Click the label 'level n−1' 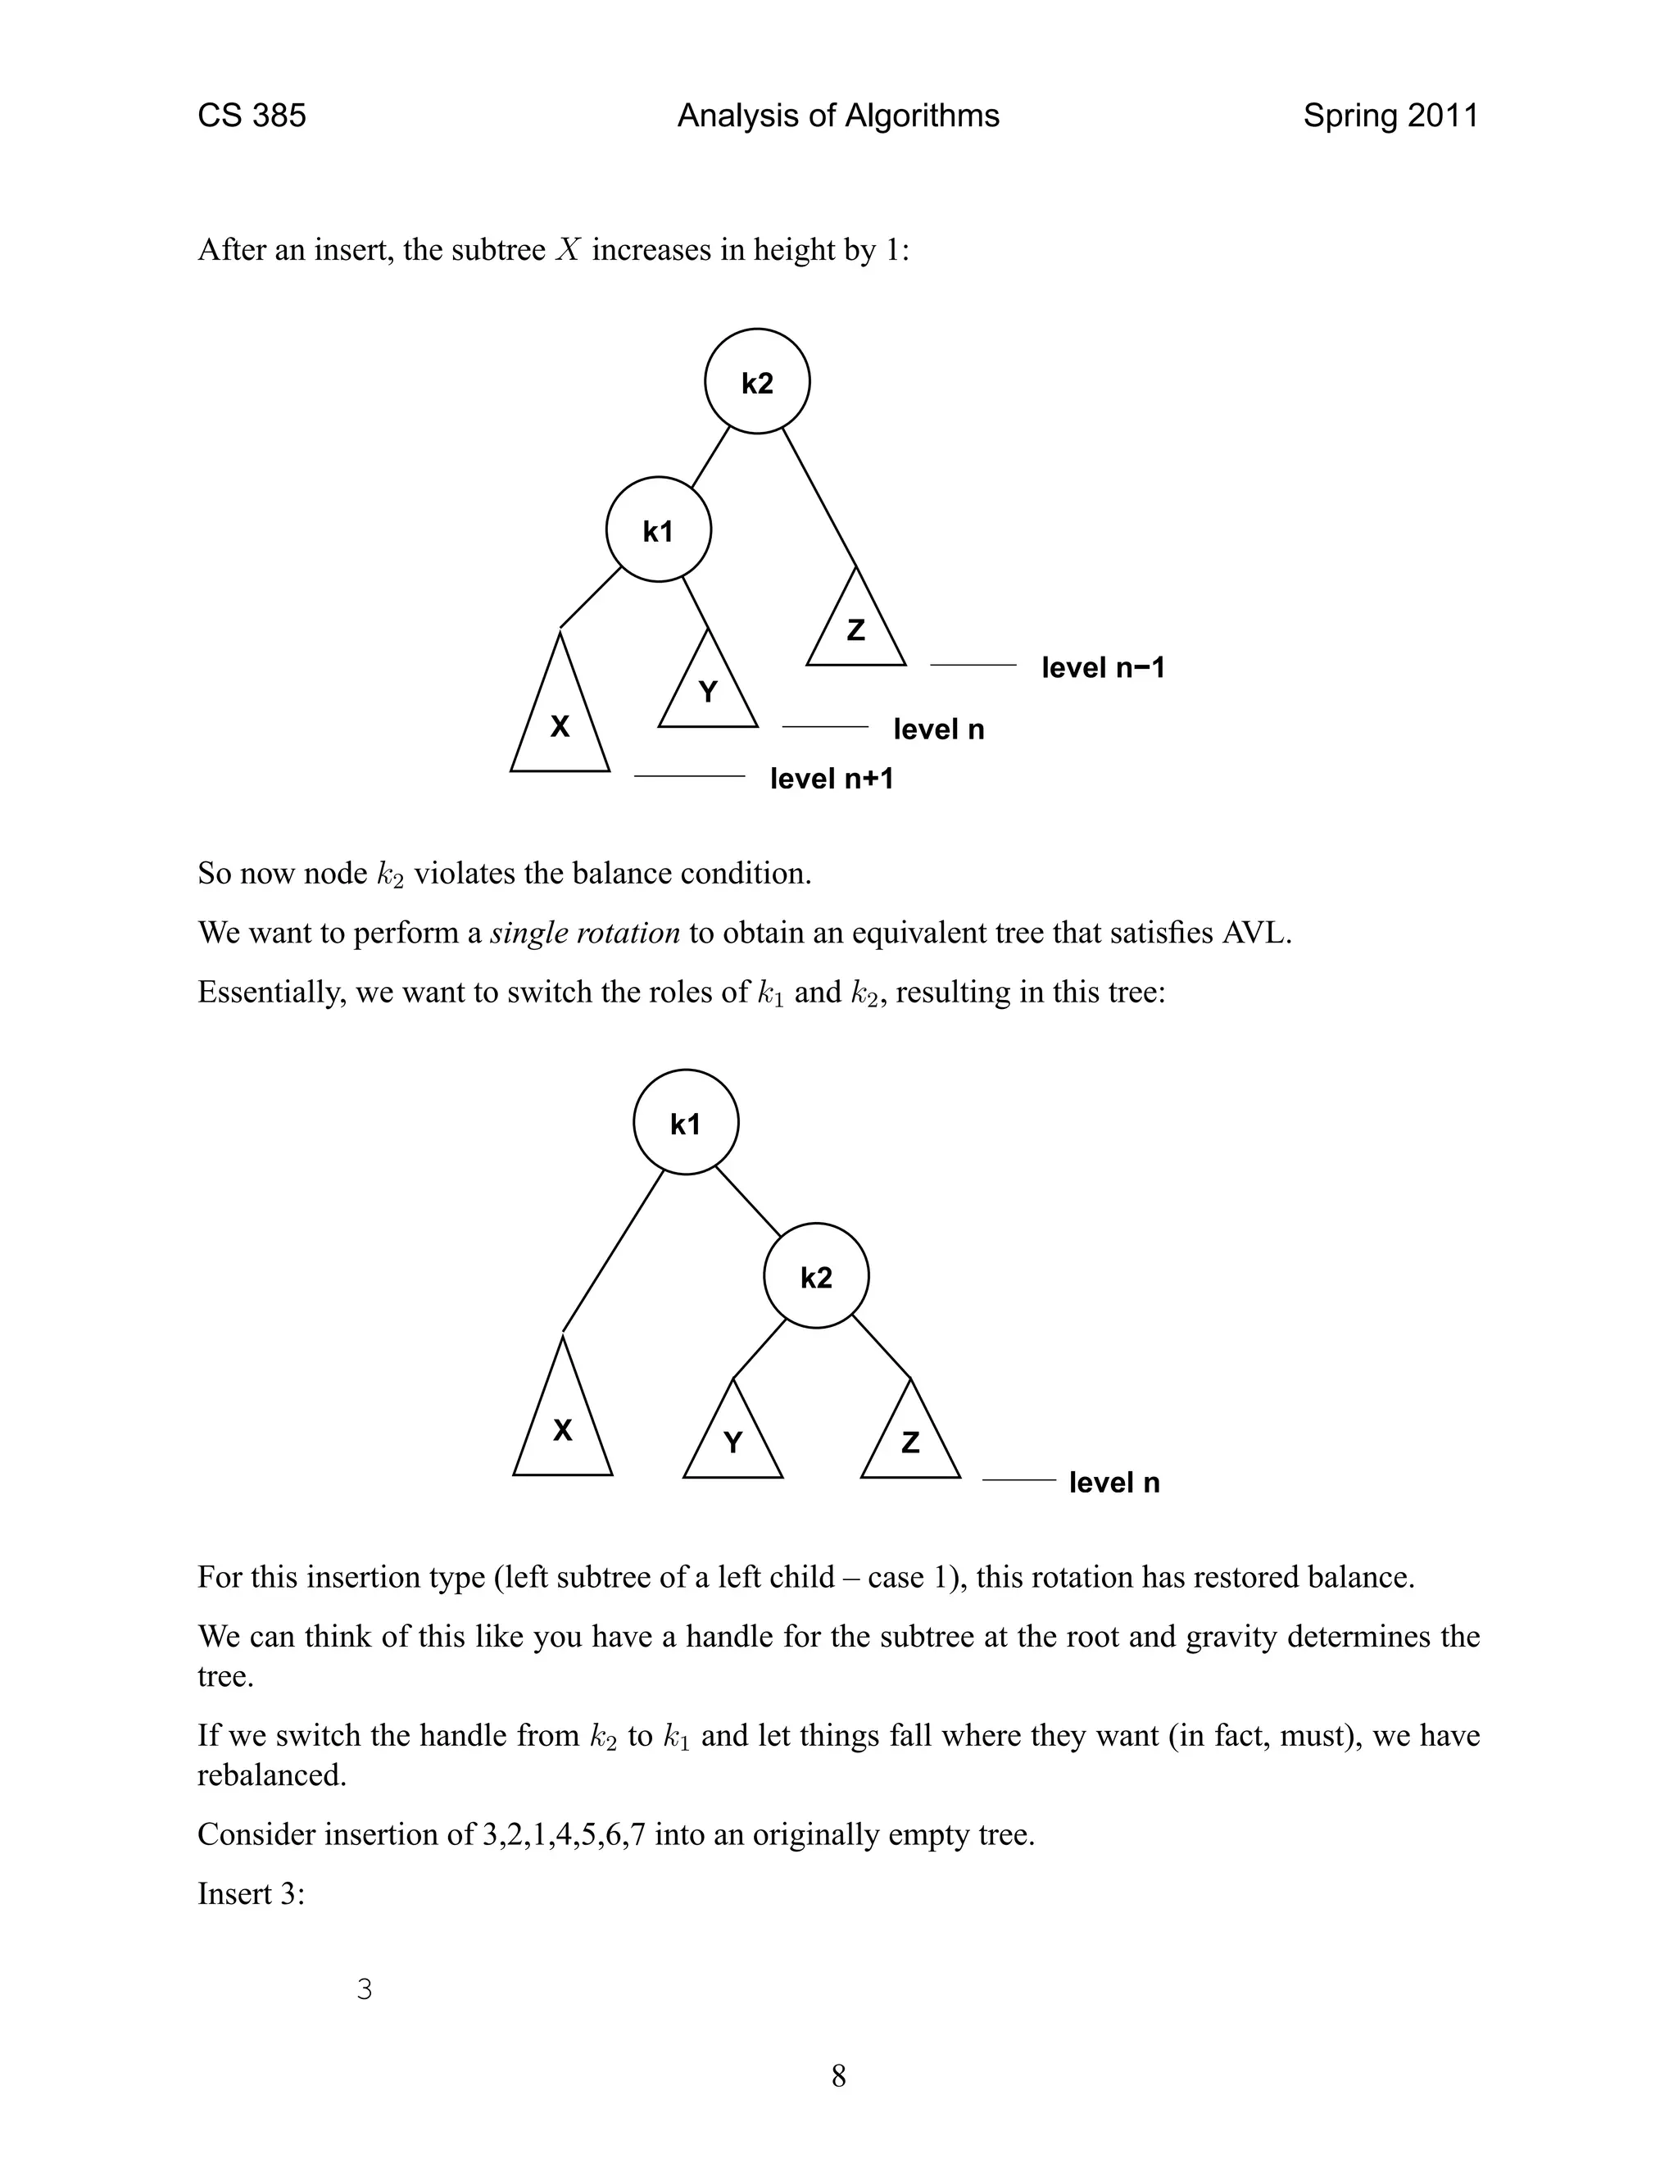[1103, 667]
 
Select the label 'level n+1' [831, 779]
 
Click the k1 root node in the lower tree [685, 1124]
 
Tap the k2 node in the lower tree [815, 1277]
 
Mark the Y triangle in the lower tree [732, 1442]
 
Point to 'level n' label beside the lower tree [1113, 1483]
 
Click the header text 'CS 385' [252, 116]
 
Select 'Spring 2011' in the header [1390, 116]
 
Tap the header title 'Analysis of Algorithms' [838, 116]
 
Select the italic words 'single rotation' [586, 934]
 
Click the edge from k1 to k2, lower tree [749, 1202]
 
